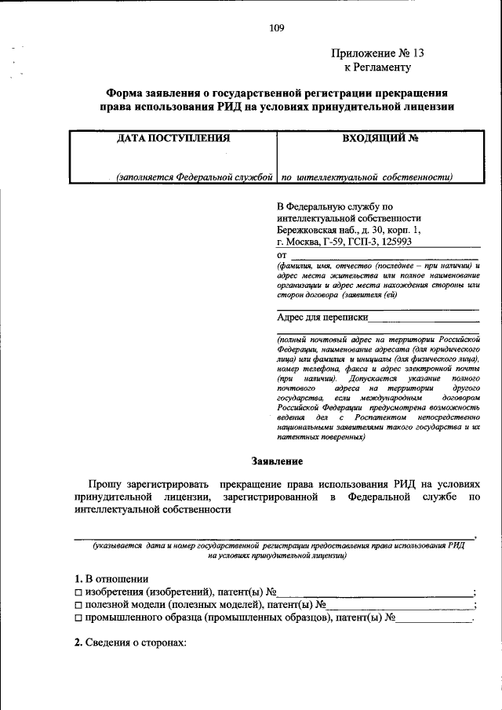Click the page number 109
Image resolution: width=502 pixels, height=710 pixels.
coord(276,28)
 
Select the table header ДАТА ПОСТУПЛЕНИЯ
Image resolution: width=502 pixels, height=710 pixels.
coord(173,138)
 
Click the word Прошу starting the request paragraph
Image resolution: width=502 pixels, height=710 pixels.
coord(104,484)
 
